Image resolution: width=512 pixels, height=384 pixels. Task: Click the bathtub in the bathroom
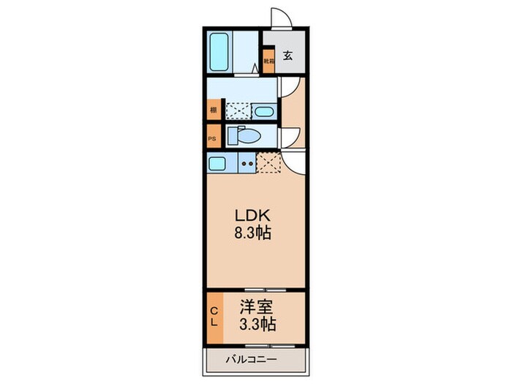point(220,50)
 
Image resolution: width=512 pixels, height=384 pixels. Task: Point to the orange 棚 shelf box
point(213,110)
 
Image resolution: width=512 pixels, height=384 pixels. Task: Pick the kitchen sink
point(217,163)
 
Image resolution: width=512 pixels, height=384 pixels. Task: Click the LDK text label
point(253,217)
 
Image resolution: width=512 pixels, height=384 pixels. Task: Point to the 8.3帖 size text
point(253,236)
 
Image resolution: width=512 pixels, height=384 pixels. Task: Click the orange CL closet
point(214,317)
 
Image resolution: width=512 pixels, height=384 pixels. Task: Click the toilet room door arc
point(290,136)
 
